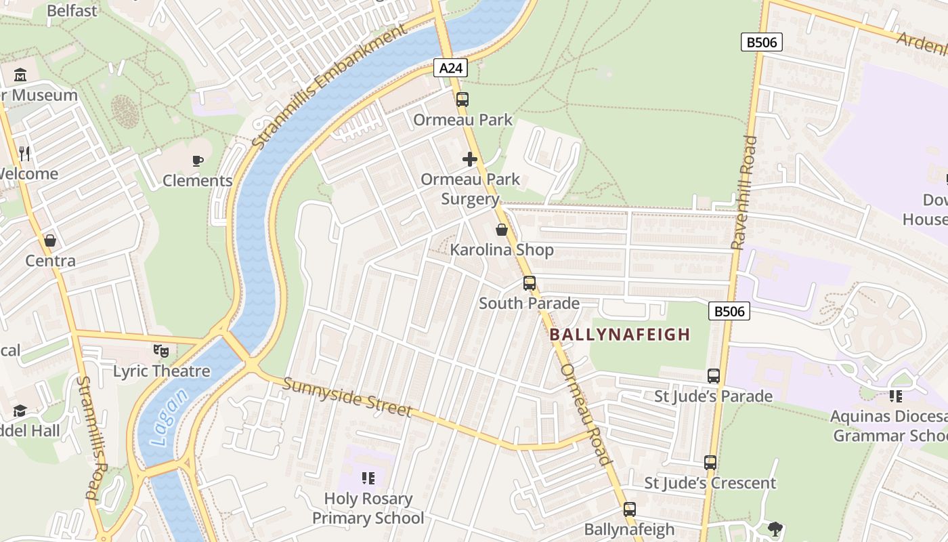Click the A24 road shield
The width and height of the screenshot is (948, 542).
click(x=450, y=68)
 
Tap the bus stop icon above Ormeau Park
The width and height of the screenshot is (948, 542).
click(x=462, y=100)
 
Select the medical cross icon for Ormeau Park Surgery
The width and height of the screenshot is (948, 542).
click(x=470, y=159)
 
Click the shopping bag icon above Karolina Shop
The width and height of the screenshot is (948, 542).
click(x=502, y=230)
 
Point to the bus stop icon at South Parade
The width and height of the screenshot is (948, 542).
click(x=530, y=283)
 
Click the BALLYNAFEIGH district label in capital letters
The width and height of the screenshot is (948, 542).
click(x=620, y=334)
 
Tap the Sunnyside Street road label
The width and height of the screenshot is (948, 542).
click(x=347, y=397)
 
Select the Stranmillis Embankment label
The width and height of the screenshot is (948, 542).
click(x=331, y=88)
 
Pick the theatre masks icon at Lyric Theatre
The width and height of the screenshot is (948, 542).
click(x=160, y=351)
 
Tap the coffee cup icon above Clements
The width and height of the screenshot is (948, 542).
click(x=197, y=161)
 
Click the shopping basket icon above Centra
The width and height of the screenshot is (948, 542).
click(x=50, y=241)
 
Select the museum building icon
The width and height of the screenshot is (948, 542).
click(x=20, y=75)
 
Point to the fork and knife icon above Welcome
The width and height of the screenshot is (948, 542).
click(x=25, y=154)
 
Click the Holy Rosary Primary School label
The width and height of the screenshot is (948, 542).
click(x=368, y=508)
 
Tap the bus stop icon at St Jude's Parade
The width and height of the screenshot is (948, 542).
click(x=714, y=375)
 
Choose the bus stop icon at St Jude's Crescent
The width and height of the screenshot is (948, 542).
click(x=710, y=463)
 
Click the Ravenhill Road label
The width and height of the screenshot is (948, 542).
click(x=744, y=192)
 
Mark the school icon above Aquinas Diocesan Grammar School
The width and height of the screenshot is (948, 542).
click(x=896, y=396)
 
